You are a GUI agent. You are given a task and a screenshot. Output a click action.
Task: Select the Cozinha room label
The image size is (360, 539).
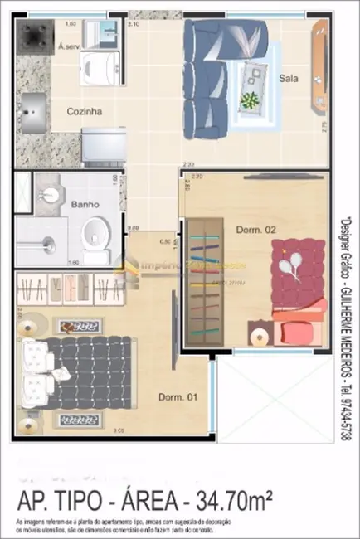pyautogui.click(x=85, y=109)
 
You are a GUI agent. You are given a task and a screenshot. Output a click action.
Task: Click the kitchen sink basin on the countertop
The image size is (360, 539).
pyautogui.click(x=35, y=107)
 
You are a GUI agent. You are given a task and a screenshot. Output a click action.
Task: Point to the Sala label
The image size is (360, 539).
pyautogui.click(x=289, y=80)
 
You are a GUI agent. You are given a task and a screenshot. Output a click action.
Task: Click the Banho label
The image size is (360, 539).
pyautogui.click(x=85, y=203)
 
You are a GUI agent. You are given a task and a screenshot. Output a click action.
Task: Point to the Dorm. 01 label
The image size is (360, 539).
pyautogui.click(x=178, y=398)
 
